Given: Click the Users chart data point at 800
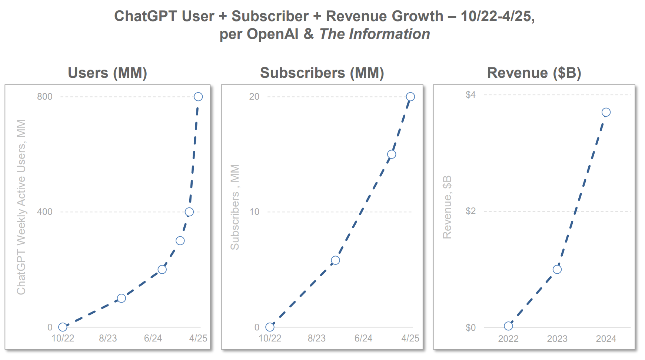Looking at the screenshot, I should coord(198,97).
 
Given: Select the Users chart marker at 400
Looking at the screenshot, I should coord(189,212).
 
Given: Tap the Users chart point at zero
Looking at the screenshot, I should coord(63,327).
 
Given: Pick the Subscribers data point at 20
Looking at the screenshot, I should coord(410,97).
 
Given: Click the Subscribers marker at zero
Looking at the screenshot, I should coord(270,327).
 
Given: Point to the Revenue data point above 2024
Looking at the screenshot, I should coord(606,112).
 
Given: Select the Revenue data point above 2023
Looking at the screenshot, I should coord(557,269).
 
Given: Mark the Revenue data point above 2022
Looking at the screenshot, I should coord(508,326).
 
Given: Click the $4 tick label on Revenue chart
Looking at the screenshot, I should coord(471,95).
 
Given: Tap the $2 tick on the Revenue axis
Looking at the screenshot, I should coord(471,211).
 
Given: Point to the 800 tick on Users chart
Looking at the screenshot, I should coord(44,97).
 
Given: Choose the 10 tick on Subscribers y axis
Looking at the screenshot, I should coord(254,212).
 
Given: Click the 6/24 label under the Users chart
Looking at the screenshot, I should coord(153,338).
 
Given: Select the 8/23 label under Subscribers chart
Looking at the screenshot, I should coord(316,338).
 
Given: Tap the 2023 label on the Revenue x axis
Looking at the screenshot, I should coord(557,339).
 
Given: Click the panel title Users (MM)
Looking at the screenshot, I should coord(107,73).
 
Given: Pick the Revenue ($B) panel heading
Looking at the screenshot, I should coord(534,73).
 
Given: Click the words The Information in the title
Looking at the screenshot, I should coord(375,34).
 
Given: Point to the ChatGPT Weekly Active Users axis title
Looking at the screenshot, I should coord(21,207).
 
